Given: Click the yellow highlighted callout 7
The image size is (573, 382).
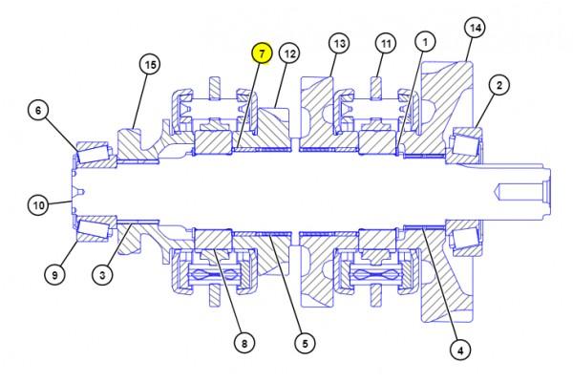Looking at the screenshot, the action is [x=262, y=53].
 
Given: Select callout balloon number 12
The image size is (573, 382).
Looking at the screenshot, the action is [x=289, y=53].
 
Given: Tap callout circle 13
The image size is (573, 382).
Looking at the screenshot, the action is [x=339, y=43].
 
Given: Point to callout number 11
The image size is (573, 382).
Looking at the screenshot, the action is [x=386, y=44].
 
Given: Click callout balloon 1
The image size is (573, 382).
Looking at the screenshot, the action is [x=425, y=42].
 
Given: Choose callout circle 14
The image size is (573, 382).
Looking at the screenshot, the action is [x=475, y=28].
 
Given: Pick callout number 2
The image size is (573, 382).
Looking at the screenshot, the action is [x=499, y=85].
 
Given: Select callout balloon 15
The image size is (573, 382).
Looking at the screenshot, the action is [x=150, y=64].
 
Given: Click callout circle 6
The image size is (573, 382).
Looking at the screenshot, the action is [x=39, y=110].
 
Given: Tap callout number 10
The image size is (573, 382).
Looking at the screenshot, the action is [x=39, y=204].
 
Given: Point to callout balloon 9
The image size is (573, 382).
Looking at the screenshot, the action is [x=54, y=274].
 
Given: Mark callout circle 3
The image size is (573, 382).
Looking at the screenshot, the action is [x=102, y=274].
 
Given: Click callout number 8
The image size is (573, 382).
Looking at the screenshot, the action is [x=244, y=343].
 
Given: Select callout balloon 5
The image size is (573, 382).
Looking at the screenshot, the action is [x=306, y=343].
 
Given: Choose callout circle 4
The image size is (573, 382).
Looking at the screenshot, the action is [x=460, y=350].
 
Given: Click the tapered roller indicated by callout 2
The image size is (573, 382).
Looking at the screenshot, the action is [x=465, y=145].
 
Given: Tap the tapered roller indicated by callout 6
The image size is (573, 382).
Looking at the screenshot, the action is [x=94, y=153].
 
